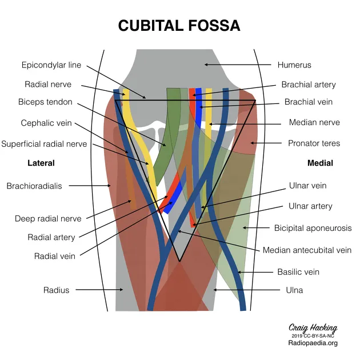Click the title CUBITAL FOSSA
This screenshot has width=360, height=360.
(x=179, y=26)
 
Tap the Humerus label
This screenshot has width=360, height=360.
(x=294, y=65)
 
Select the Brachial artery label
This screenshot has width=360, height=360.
(x=308, y=85)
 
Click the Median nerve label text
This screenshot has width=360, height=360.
(x=314, y=122)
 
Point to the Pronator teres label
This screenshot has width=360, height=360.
(x=314, y=143)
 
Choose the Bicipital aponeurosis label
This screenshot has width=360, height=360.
(x=313, y=227)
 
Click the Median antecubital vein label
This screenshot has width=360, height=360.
(x=307, y=250)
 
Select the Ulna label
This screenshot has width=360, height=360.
(x=294, y=290)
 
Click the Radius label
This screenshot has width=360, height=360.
(x=56, y=290)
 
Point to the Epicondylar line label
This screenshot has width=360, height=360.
(x=51, y=65)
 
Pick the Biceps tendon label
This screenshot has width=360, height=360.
(x=45, y=102)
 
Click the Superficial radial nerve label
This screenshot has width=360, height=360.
(x=44, y=144)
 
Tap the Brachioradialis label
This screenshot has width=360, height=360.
(x=34, y=186)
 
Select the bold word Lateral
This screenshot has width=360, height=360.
(x=41, y=163)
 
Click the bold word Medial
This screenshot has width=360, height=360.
(x=320, y=163)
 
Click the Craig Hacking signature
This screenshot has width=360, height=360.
(x=313, y=328)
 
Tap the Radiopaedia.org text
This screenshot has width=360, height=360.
(x=313, y=343)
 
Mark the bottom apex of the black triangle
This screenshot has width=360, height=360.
(x=179, y=262)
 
